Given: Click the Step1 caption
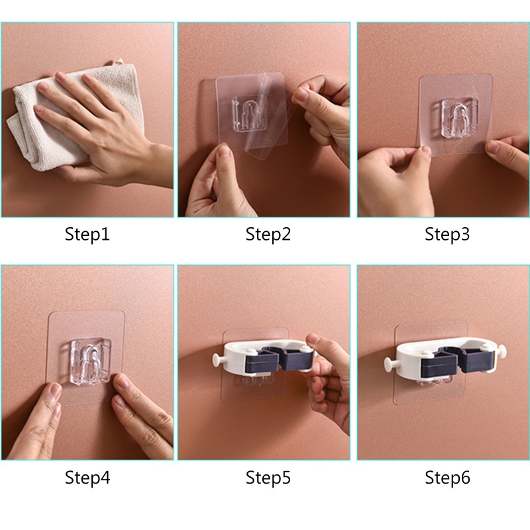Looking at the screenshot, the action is point(87,235).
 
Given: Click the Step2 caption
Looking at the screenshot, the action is point(268,235).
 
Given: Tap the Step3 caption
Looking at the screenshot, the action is point(447,235).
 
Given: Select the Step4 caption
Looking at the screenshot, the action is point(87,478).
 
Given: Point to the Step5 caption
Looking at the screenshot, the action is point(268,478).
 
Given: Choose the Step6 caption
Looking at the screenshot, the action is point(447,478).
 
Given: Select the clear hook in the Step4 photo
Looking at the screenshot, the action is point(91,360).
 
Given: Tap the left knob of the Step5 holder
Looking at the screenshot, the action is point(218,359).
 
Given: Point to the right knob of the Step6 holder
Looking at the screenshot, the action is point(502,351).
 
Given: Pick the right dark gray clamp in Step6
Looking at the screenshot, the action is point(476,359).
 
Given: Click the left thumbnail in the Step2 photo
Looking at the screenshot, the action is point(223,151).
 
